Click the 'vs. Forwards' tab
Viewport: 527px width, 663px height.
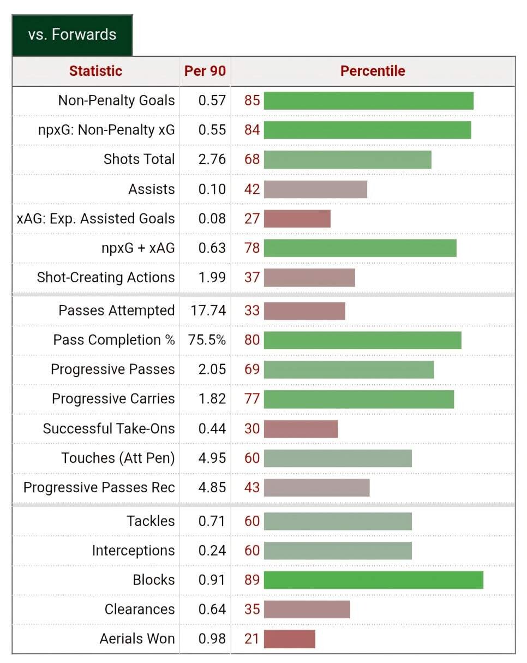[x=72, y=35]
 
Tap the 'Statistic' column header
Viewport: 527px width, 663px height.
[x=95, y=71]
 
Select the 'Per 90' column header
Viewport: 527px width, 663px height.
[x=205, y=71]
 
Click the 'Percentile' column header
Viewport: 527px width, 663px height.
[x=373, y=71]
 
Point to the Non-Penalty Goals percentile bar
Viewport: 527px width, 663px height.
[x=368, y=100]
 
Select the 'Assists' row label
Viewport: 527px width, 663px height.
[x=152, y=189]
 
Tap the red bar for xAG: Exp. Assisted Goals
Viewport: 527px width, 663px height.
[x=297, y=219]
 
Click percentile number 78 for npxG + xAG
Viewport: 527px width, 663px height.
[x=252, y=248]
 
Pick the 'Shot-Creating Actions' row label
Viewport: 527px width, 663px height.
[x=106, y=277]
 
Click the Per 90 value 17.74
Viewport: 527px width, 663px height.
[x=208, y=310]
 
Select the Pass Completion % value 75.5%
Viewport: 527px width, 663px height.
[x=207, y=340]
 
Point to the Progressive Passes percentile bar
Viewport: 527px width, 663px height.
[x=349, y=369]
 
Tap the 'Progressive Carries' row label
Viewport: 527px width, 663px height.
[x=113, y=399]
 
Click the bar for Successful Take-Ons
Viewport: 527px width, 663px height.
[x=301, y=428]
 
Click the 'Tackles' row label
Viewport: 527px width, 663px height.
[x=151, y=521]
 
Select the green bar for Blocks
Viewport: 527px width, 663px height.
[x=374, y=580]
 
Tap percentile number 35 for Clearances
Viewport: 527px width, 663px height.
[x=252, y=610]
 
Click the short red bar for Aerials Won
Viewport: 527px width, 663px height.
[x=290, y=639]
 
